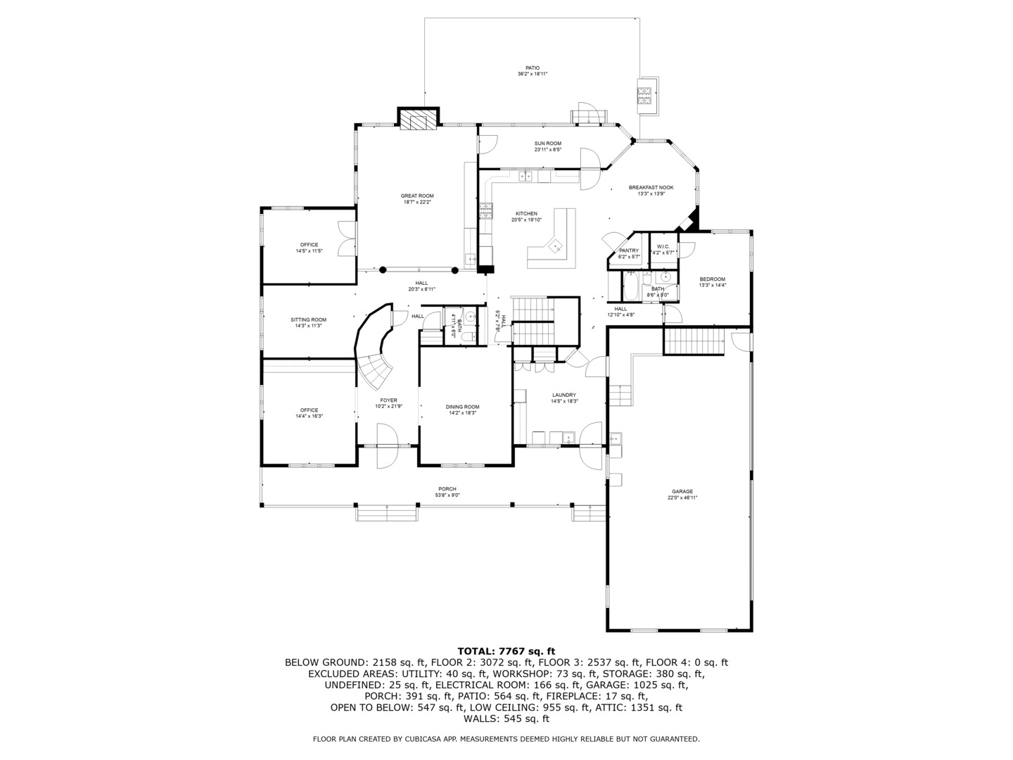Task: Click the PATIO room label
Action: click(x=533, y=68)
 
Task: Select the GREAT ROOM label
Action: click(x=417, y=196)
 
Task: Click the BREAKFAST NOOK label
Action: click(x=651, y=188)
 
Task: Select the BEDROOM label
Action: click(x=712, y=279)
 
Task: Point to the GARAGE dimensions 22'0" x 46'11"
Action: click(x=682, y=498)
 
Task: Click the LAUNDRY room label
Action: click(x=564, y=395)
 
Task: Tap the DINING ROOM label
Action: click(x=462, y=407)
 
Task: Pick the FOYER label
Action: click(x=388, y=400)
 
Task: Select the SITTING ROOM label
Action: click(x=309, y=320)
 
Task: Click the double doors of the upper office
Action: click(x=346, y=239)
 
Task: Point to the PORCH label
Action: click(x=447, y=489)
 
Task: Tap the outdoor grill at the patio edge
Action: click(x=646, y=95)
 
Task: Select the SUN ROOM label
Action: click(x=547, y=144)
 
